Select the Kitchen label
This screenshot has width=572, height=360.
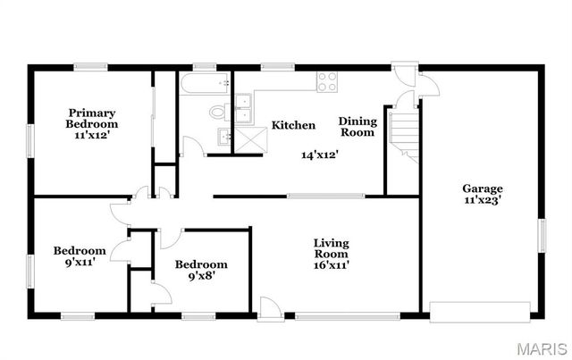coord(293,125)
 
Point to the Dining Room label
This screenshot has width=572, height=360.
coord(357,126)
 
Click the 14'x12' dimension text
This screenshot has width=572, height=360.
coord(319,155)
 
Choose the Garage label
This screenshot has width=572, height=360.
coord(482,188)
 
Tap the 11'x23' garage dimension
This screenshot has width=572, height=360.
coord(482,201)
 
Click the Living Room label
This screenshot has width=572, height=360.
coord(331,248)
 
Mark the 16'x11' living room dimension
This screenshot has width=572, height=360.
coord(331,264)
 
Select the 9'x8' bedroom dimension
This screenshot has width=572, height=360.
coord(200,277)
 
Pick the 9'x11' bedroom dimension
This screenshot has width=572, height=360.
coord(80,264)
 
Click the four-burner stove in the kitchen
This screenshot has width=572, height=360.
coord(327,81)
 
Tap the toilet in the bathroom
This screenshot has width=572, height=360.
coord(217,113)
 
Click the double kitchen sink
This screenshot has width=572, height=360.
coord(242,107)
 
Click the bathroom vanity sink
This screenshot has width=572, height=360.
coord(224,137)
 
